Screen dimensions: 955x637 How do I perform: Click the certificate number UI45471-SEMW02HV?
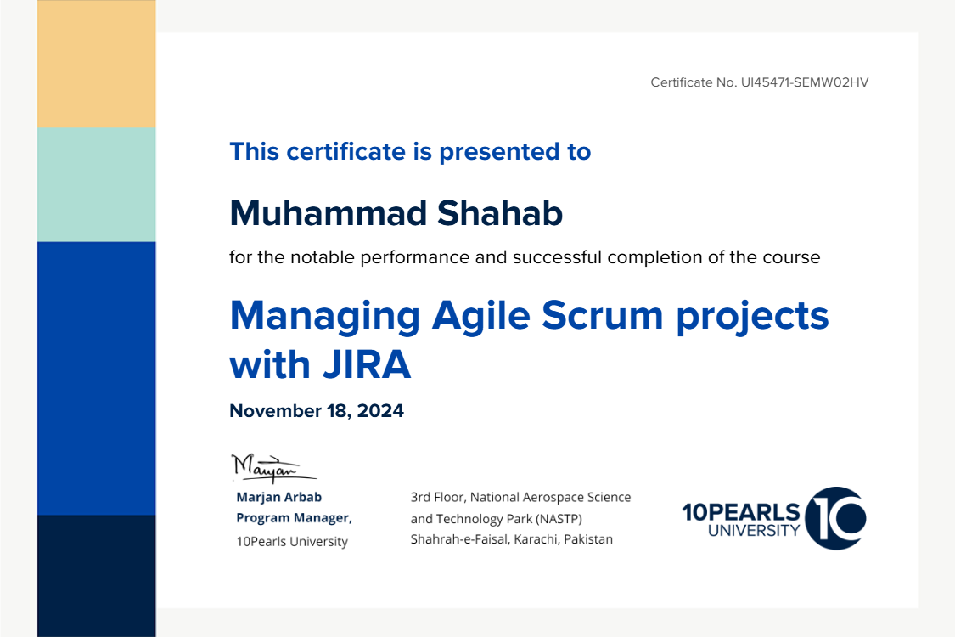[x=805, y=82]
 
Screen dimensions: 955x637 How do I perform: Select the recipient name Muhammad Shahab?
[x=396, y=213]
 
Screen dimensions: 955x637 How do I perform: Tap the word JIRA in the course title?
[x=367, y=364]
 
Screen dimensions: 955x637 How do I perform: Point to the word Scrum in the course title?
[x=603, y=316]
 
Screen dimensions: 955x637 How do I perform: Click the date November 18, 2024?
[x=316, y=411]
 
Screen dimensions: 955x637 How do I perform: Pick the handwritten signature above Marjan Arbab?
[x=273, y=468]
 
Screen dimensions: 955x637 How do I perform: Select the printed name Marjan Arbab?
[x=279, y=497]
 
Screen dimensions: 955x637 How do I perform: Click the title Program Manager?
[x=295, y=518]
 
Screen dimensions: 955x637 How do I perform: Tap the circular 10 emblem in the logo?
[x=835, y=518]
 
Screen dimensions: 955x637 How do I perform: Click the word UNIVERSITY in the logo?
[x=754, y=530]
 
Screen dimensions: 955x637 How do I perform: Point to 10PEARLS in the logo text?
[x=741, y=512]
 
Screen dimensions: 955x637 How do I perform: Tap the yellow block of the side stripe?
[x=96, y=64]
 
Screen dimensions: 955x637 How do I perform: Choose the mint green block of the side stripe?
[x=96, y=184]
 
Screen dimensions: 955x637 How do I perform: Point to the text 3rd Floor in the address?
[x=437, y=497]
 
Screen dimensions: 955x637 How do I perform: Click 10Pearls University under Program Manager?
[x=292, y=541]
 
